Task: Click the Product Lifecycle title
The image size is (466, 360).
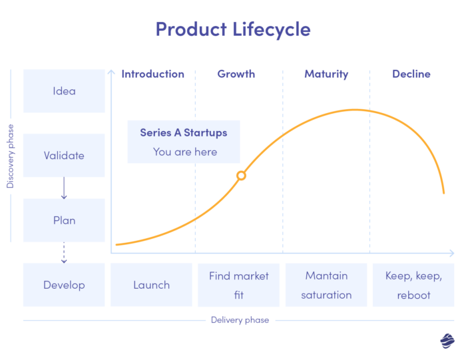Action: [232, 29]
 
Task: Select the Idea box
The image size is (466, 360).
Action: [64, 91]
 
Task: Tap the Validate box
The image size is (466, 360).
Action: [64, 156]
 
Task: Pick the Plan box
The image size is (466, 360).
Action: [64, 220]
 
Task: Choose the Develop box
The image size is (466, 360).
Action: [64, 285]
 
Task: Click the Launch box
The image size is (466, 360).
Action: [151, 285]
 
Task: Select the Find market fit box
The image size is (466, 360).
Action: [239, 285]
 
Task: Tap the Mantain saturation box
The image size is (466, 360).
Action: [326, 285]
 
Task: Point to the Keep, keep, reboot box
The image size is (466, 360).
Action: [413, 285]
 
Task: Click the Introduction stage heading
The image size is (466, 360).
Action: [152, 74]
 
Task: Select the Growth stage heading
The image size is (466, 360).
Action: [236, 74]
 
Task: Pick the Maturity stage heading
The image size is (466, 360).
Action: [326, 74]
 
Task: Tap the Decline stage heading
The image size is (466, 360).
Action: [411, 74]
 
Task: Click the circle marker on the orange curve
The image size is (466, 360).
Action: [242, 176]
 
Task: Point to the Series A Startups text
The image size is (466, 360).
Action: [184, 132]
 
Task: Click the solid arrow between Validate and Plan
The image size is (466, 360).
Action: [64, 188]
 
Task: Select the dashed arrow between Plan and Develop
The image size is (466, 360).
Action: [64, 252]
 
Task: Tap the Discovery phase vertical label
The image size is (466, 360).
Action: [11, 156]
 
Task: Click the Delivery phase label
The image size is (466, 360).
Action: [240, 320]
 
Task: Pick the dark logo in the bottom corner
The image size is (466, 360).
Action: [447, 341]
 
